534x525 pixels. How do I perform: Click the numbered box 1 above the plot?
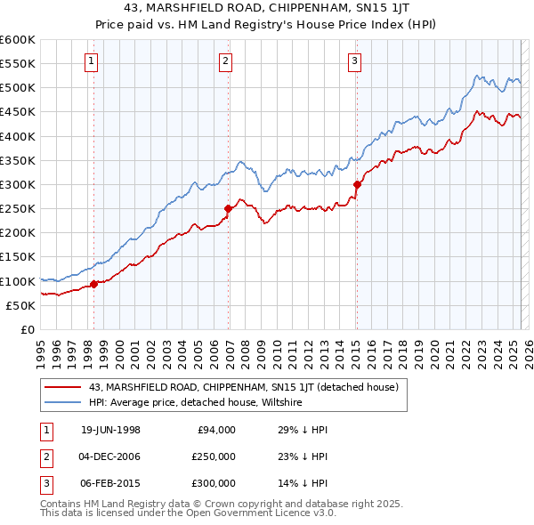tap(93, 61)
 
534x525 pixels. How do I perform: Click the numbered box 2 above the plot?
tap(226, 61)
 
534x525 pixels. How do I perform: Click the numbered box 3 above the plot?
tap(354, 61)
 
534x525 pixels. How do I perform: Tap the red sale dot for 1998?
tap(94, 285)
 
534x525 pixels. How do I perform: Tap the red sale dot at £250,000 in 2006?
tap(228, 209)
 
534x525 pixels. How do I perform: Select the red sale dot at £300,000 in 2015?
tap(357, 185)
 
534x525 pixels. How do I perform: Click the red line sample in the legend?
tap(62, 387)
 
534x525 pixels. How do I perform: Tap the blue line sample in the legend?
tap(62, 402)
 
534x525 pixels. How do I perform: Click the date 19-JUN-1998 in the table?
tap(110, 430)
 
